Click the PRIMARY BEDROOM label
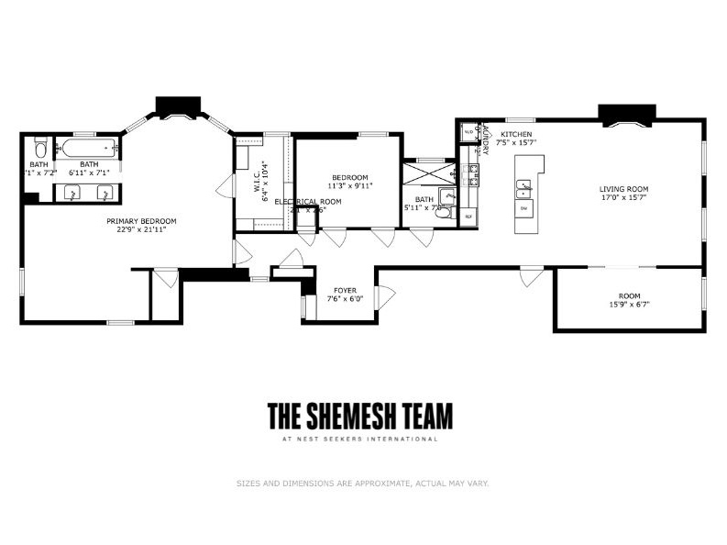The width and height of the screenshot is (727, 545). (x=141, y=221)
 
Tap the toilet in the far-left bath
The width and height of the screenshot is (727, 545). (x=40, y=148)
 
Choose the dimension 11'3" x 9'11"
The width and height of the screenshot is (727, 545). (x=349, y=186)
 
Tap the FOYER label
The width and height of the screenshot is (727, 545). (x=346, y=289)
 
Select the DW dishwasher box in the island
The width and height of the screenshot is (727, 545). (x=524, y=209)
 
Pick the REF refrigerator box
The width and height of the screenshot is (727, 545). (x=468, y=217)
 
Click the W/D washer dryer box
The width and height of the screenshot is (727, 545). (x=468, y=132)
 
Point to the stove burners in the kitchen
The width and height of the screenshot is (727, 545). (x=474, y=171)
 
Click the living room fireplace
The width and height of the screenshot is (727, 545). (x=627, y=113)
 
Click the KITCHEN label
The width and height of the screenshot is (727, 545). (x=515, y=134)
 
